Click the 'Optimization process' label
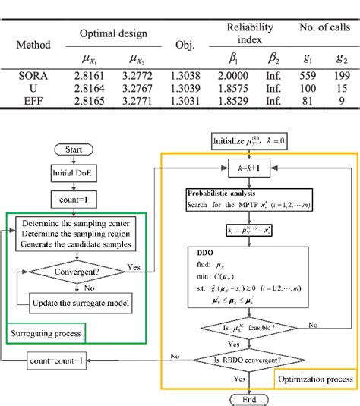point(314,377)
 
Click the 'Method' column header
point(33,44)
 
